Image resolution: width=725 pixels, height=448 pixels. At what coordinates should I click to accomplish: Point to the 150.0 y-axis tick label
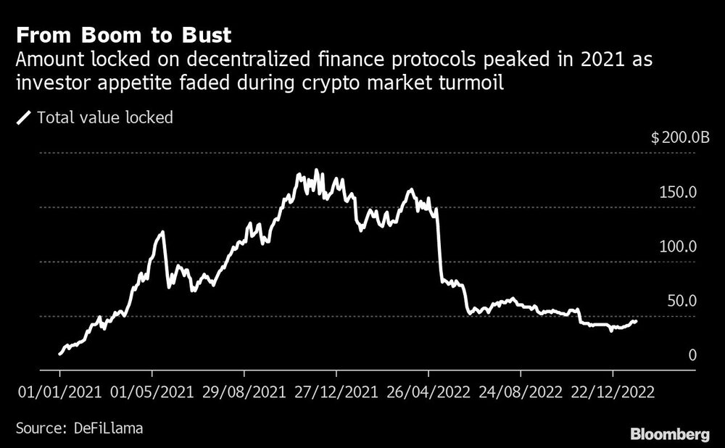(678, 192)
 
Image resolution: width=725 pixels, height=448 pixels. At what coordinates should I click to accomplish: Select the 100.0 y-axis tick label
(678, 246)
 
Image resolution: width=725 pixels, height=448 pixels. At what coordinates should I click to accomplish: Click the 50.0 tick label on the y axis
(681, 301)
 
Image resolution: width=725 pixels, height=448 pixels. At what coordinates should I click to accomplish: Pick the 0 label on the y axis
(692, 355)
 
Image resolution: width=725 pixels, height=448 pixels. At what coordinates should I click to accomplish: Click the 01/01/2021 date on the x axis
(59, 391)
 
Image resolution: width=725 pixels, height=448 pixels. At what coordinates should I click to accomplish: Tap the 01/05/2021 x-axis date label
(152, 391)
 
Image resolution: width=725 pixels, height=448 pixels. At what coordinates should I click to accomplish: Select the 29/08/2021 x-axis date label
(244, 391)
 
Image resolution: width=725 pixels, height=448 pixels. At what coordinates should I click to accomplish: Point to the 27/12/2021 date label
(336, 391)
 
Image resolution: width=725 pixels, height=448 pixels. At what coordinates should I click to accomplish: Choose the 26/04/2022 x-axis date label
(428, 391)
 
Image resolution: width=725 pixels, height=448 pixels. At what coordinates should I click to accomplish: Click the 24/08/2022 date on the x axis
(521, 391)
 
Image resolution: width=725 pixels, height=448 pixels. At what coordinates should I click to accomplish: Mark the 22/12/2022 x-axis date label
(613, 391)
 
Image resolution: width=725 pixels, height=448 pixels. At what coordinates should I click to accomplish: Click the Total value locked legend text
(105, 117)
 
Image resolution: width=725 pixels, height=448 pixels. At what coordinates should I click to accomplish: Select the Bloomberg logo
(670, 435)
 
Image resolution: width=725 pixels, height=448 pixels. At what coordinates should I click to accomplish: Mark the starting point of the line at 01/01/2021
(59, 354)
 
